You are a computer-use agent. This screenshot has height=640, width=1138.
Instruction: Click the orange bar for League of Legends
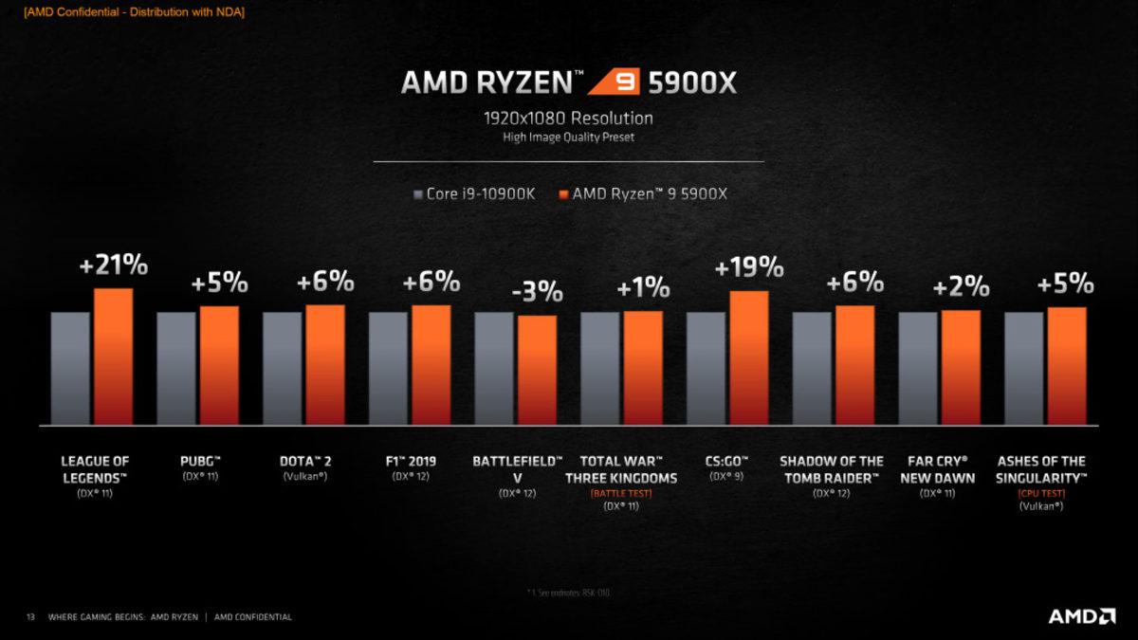click(x=113, y=357)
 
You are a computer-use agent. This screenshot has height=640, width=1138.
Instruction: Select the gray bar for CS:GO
click(x=706, y=368)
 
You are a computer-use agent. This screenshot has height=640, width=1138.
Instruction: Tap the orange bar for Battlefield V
click(x=537, y=370)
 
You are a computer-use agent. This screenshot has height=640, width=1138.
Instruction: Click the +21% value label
click(x=114, y=266)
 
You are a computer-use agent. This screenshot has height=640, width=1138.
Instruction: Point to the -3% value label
click(x=537, y=292)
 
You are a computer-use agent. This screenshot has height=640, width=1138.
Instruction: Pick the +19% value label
click(x=749, y=268)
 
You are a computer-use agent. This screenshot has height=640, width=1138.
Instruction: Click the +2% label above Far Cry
click(x=961, y=287)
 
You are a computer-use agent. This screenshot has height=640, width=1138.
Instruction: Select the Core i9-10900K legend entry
click(x=474, y=194)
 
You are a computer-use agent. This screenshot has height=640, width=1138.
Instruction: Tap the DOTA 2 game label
click(x=305, y=461)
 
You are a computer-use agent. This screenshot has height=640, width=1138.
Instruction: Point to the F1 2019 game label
click(x=411, y=461)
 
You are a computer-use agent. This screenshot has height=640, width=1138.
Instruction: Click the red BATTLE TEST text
click(x=621, y=493)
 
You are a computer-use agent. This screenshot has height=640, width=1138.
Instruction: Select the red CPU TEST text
click(x=1041, y=493)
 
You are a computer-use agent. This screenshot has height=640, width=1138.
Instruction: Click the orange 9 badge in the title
click(x=614, y=82)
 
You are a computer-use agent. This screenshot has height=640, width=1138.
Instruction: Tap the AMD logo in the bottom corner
click(x=1081, y=616)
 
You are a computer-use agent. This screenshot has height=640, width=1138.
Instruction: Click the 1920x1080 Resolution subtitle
click(x=568, y=119)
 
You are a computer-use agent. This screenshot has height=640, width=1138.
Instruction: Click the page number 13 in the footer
click(x=30, y=617)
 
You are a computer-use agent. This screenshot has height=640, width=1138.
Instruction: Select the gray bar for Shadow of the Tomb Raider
click(x=812, y=368)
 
